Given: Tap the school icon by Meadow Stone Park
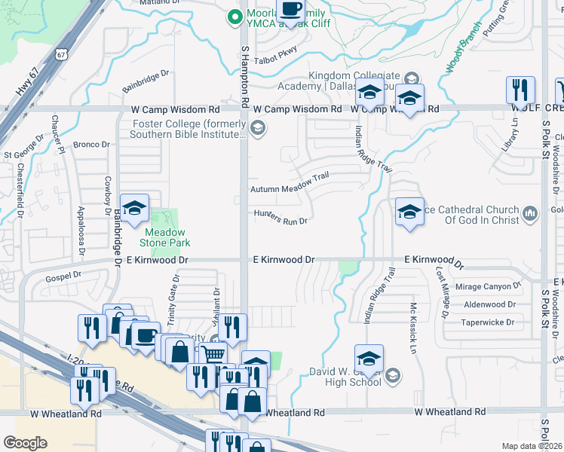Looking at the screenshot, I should pos(134,210).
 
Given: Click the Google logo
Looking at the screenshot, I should pos(25,443).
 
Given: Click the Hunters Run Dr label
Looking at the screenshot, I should pos(280,217).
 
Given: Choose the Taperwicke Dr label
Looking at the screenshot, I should pos(488,322).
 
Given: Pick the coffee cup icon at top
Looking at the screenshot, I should pos(291,11).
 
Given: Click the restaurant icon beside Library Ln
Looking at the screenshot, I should pos(520,90).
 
